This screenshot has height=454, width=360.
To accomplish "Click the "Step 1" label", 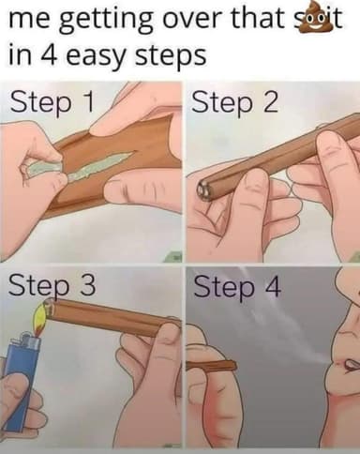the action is coord(52,102).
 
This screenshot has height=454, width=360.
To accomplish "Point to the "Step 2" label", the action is coord(234,102).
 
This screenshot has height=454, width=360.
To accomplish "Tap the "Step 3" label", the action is coord(52,287).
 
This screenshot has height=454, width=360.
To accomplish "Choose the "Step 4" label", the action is coord(237,287).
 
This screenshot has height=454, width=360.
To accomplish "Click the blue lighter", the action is coord(21,382).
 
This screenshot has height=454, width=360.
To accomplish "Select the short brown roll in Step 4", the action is coord(211,365).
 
